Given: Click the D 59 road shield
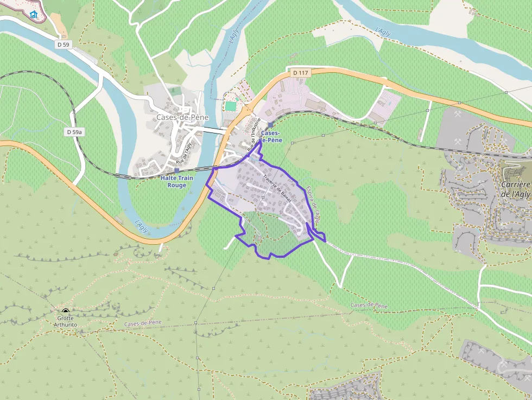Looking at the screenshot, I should (63, 45).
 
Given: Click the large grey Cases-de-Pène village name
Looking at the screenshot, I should (182, 117).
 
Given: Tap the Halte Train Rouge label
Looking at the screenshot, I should (176, 181).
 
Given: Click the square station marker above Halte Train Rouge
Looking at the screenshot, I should (176, 170).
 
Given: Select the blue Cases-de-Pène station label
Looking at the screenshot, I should (271, 136).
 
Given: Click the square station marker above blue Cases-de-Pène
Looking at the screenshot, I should (270, 125).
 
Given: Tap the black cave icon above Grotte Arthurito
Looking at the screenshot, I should (66, 310).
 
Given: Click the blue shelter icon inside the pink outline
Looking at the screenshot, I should (34, 14).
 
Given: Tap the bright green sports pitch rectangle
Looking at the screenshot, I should (231, 106).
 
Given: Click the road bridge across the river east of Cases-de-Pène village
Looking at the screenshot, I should (215, 130).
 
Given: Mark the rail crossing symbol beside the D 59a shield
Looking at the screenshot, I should (73, 113).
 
